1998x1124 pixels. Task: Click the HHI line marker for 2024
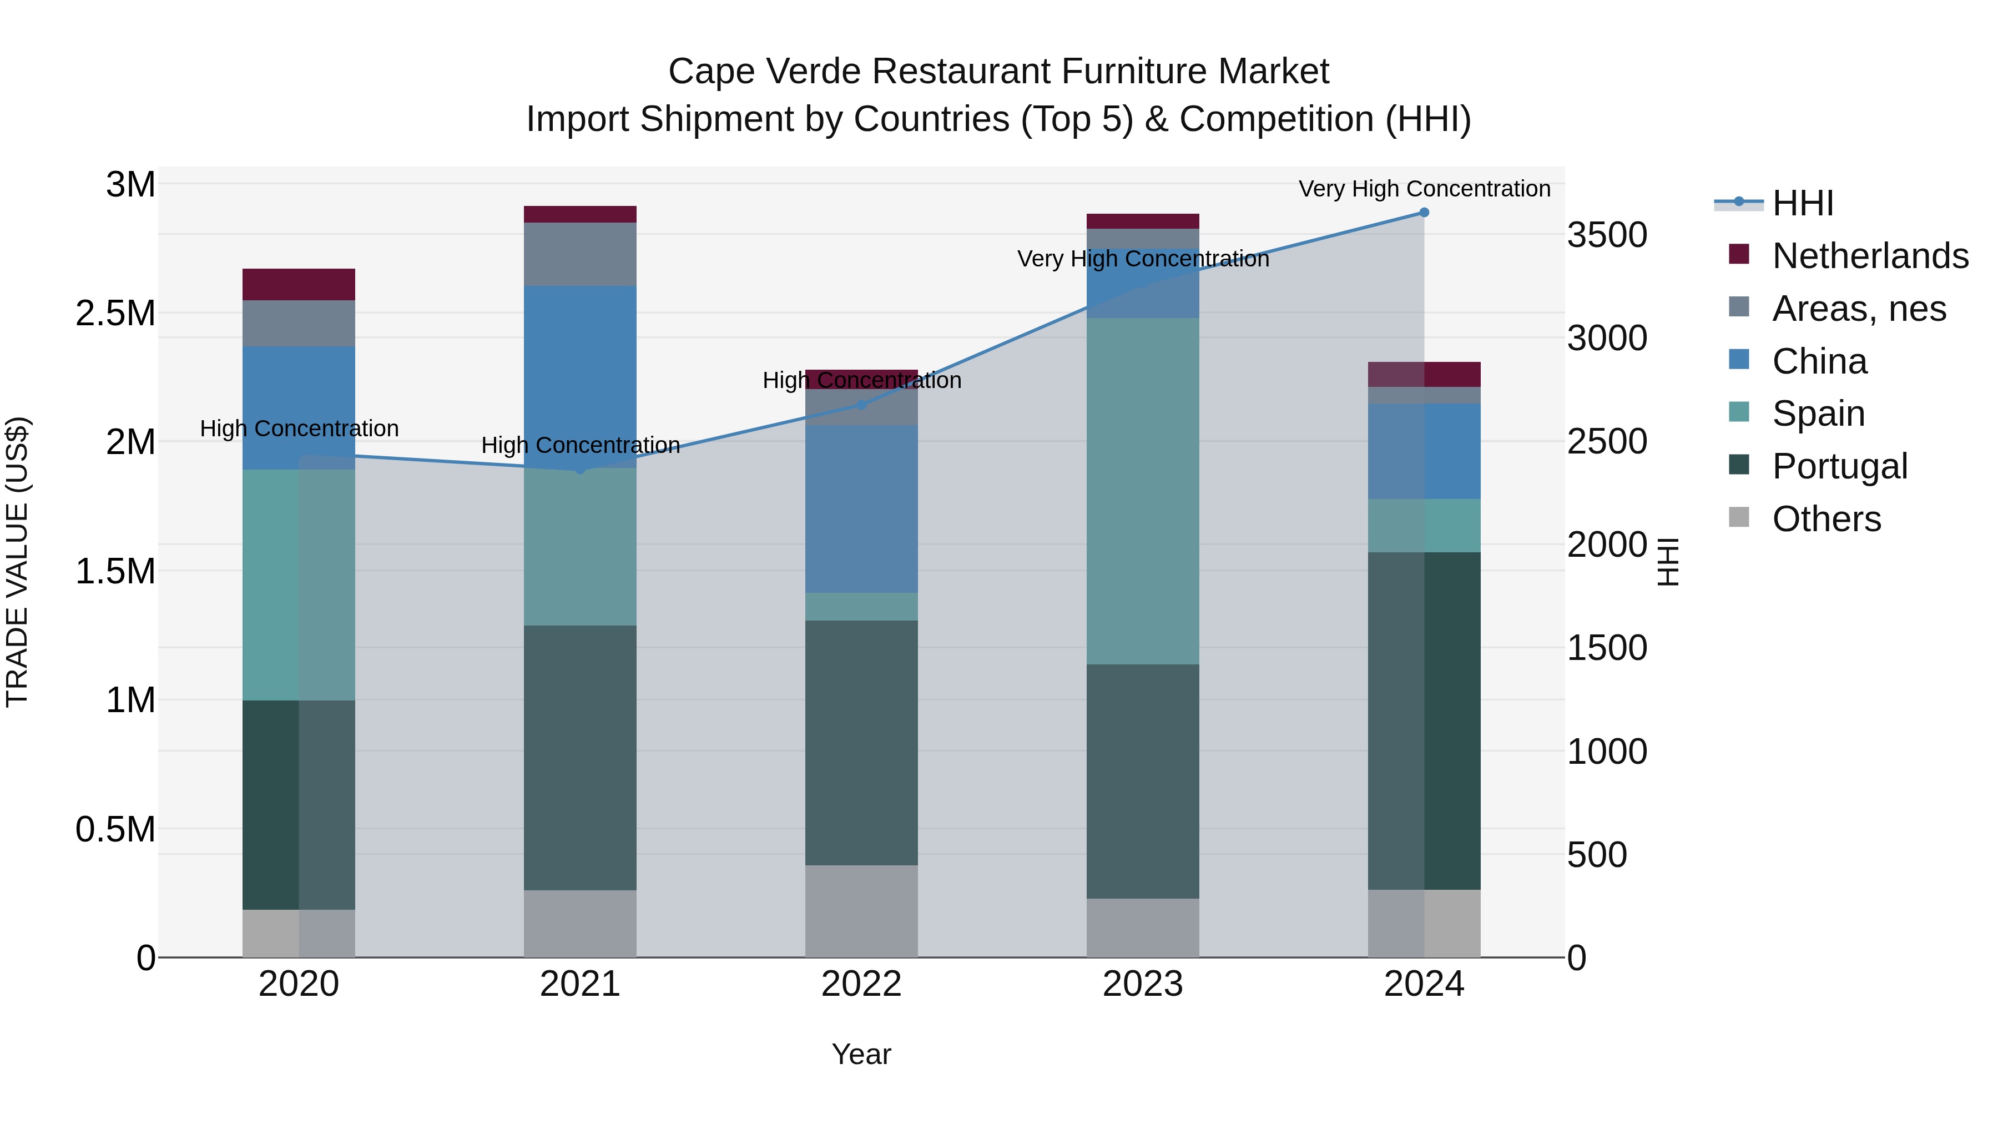pyautogui.click(x=1424, y=213)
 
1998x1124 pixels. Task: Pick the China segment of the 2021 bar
pyautogui.click(x=580, y=376)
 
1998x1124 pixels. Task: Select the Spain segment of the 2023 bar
pyautogui.click(x=1143, y=491)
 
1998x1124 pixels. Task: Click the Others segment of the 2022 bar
pyautogui.click(x=861, y=911)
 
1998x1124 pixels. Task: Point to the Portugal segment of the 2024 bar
pyautogui.click(x=1424, y=722)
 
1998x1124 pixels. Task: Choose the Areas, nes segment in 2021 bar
pyautogui.click(x=580, y=254)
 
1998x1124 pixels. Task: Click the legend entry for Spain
pyautogui.click(x=1818, y=414)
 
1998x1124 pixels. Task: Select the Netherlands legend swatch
pyautogui.click(x=1740, y=254)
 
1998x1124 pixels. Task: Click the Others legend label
pyautogui.click(x=1827, y=519)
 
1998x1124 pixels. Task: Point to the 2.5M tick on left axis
pyautogui.click(x=115, y=314)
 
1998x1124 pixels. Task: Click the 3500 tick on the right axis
pyautogui.click(x=1607, y=234)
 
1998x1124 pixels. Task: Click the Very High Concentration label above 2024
pyautogui.click(x=1424, y=189)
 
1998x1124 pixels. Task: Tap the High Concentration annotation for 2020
pyautogui.click(x=299, y=428)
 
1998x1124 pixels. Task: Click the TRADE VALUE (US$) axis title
pyautogui.click(x=17, y=562)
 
